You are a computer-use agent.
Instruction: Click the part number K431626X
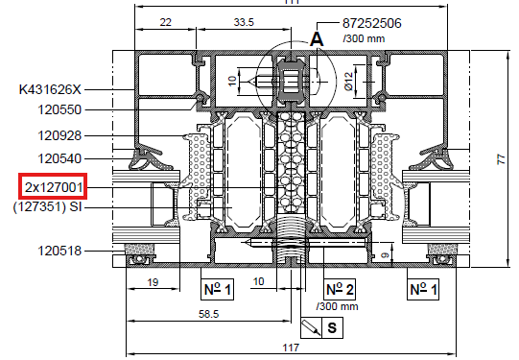pyautogui.click(x=50, y=89)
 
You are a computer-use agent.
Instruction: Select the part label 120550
pyautogui.click(x=59, y=109)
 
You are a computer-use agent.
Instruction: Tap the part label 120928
pyautogui.click(x=59, y=135)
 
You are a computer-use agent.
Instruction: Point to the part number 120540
pyautogui.click(x=59, y=158)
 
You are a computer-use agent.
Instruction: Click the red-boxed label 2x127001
pyautogui.click(x=53, y=187)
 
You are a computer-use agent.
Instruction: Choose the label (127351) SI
pyautogui.click(x=47, y=207)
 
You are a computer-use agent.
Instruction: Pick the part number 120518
pyautogui.click(x=59, y=251)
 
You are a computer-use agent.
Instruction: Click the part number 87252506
pyautogui.click(x=371, y=23)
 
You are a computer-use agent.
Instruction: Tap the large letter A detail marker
pyautogui.click(x=317, y=39)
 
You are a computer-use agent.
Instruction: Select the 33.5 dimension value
pyautogui.click(x=244, y=22)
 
